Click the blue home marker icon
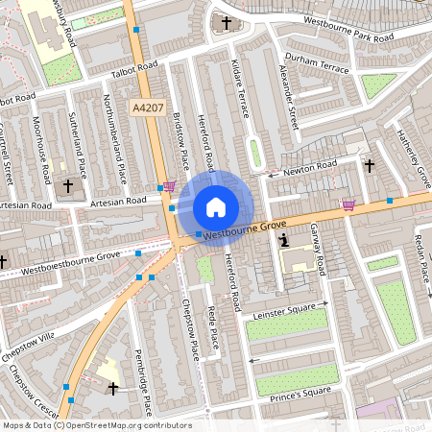click(216, 206)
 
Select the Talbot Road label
click(133, 69)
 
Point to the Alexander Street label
click(288, 97)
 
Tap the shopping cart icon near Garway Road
click(348, 204)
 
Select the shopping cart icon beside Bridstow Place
click(170, 186)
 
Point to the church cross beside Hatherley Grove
click(370, 165)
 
